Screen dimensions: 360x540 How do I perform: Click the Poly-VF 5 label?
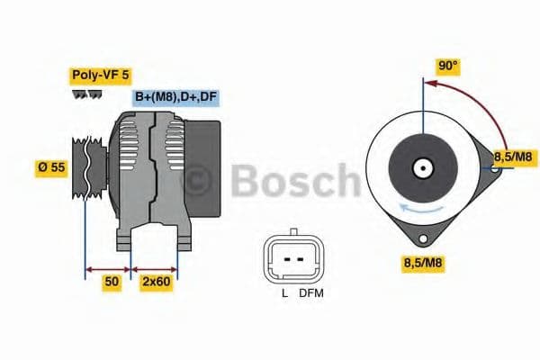[x=99, y=76]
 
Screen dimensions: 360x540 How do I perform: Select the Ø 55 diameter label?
[x=50, y=168]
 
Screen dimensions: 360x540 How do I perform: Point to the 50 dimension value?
[x=111, y=283]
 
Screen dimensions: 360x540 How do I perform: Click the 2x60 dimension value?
[x=157, y=283]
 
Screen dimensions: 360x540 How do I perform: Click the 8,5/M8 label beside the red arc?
[x=514, y=157]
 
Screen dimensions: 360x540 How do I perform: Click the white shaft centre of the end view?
[x=421, y=167]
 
